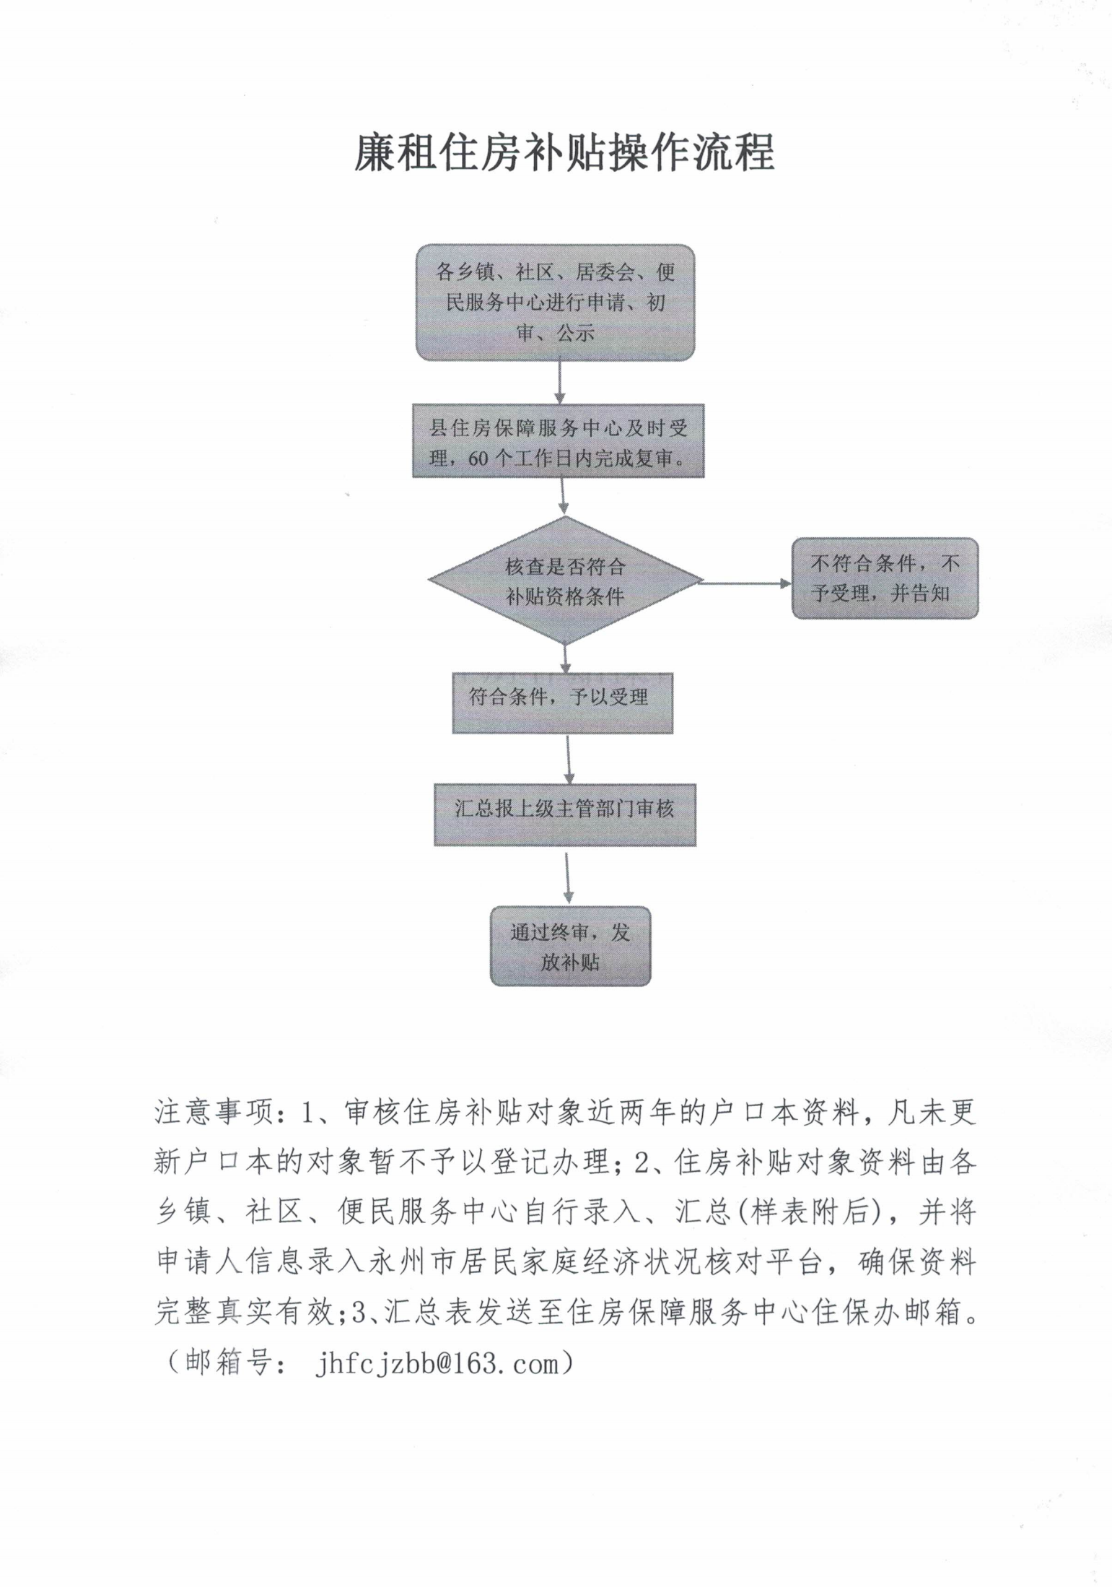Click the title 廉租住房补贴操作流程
coord(564,153)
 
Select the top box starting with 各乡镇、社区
coord(555,302)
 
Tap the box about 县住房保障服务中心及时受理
coord(558,441)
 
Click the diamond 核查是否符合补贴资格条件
coord(565,581)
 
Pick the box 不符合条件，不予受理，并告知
coord(885,578)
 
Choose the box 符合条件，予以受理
coord(562,703)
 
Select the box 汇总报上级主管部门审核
coord(564,814)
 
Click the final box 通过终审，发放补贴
coord(570,946)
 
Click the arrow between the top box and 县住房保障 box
coord(559,382)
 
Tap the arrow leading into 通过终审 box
coord(568,877)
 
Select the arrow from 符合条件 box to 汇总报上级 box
coord(569,759)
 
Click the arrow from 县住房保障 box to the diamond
coord(563,496)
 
